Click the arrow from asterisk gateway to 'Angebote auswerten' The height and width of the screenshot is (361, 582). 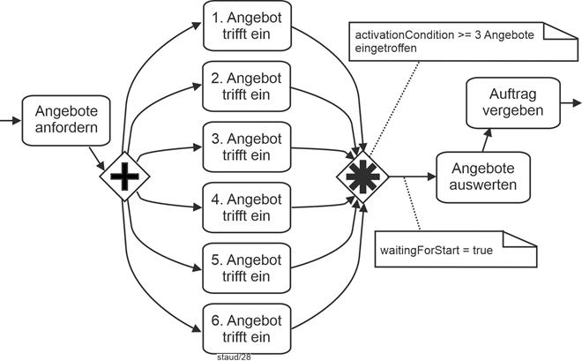(410, 177)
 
